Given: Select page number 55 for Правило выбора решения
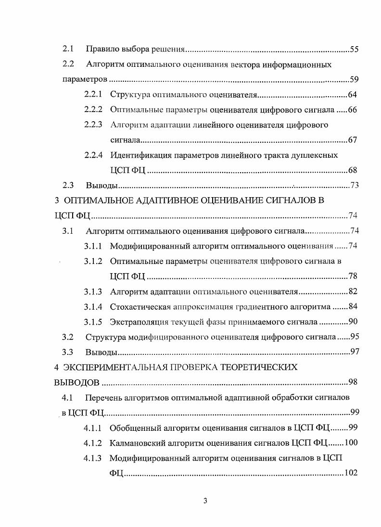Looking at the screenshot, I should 354,49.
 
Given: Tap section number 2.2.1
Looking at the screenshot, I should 93,94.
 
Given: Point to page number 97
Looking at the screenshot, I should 355,351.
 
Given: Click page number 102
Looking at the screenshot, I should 350,473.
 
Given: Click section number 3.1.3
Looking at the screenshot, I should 93,291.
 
